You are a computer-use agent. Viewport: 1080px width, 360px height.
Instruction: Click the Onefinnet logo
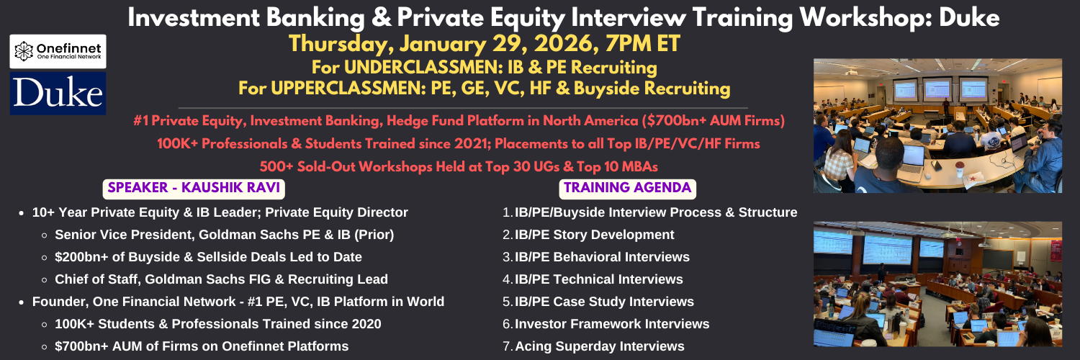(x=58, y=51)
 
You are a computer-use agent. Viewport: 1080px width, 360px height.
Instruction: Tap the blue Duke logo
(x=58, y=94)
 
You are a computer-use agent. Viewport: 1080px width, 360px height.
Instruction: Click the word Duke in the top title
(x=969, y=18)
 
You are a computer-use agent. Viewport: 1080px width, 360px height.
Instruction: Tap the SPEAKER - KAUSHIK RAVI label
(x=194, y=188)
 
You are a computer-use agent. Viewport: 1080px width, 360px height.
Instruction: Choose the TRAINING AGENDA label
(x=628, y=188)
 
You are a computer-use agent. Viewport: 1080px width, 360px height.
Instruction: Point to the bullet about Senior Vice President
(x=224, y=235)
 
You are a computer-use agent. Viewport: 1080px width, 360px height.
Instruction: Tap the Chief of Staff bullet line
(x=221, y=279)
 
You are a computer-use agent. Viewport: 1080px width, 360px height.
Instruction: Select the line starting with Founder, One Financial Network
(x=238, y=302)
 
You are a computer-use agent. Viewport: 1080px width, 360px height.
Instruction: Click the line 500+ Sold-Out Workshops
(x=459, y=167)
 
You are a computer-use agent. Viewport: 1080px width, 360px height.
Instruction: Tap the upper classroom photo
(x=937, y=126)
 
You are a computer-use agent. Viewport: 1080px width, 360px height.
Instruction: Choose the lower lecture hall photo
(x=937, y=284)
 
